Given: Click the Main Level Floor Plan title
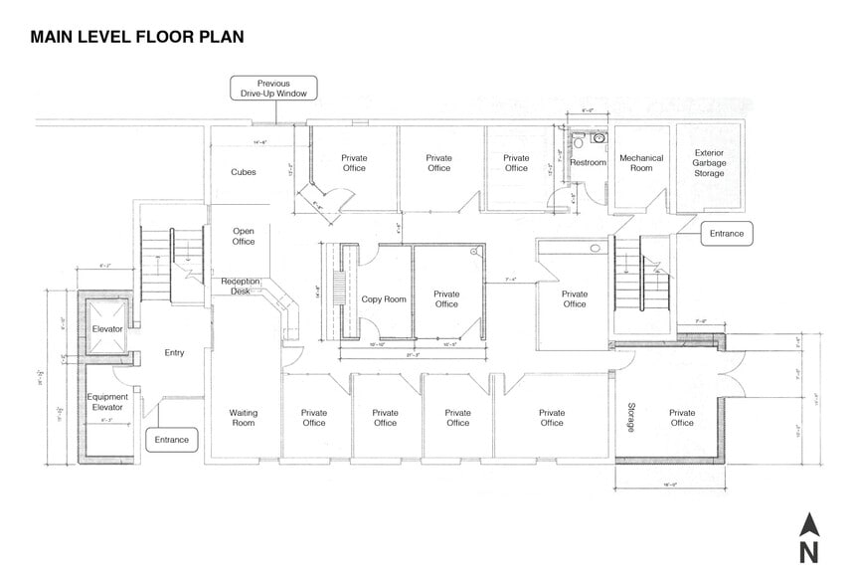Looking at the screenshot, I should point(137,37).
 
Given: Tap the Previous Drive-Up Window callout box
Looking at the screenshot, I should point(273,89).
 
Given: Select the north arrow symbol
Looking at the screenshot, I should point(809,538).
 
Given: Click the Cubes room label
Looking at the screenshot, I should point(244,172).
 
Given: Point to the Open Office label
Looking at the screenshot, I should point(244,236).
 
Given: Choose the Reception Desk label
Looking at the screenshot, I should point(241,287).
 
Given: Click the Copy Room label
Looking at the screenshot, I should point(384,298).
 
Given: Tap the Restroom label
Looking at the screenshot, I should point(588,163).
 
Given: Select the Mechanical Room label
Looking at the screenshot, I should point(641,163).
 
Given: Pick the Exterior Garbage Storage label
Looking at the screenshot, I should point(710,163).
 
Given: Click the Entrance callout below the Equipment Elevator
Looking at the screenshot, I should point(173,439).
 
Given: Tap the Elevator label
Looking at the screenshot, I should point(106,328).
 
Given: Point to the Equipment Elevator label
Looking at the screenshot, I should point(106,401).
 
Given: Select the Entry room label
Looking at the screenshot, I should point(174,353).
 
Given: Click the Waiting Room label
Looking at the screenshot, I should point(244,417).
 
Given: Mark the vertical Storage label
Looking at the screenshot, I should point(631,417).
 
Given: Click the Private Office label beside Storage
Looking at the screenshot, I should point(682,417).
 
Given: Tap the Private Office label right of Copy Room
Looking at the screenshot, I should point(446,298).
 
